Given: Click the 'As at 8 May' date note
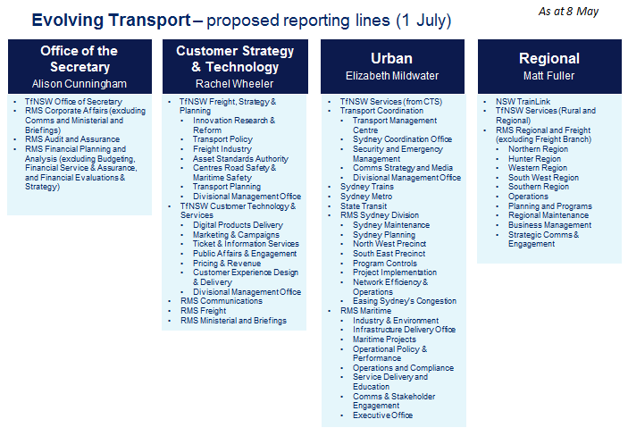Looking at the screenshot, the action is (x=568, y=12).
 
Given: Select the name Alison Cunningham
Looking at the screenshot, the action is (x=80, y=84).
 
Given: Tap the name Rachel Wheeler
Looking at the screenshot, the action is (x=234, y=84).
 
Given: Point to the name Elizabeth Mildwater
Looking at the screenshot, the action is (x=392, y=76).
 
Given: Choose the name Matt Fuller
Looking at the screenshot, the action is (x=548, y=76).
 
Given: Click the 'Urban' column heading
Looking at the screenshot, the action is (x=391, y=58).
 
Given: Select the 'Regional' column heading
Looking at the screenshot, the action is (x=549, y=58).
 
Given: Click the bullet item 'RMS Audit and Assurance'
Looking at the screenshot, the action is (x=72, y=139).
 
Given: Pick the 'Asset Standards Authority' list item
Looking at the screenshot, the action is (x=240, y=159).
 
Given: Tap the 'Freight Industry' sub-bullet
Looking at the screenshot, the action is (x=222, y=149).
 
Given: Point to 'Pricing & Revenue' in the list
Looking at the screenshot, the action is (x=227, y=264).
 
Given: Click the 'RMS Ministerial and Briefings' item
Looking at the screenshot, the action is (x=233, y=321).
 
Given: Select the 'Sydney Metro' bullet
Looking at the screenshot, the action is (x=366, y=197).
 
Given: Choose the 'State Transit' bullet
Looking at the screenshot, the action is (x=364, y=206).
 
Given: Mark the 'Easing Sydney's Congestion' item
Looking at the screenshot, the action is (x=405, y=301).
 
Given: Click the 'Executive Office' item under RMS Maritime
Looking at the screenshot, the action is (x=382, y=415).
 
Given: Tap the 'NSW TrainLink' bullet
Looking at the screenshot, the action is (x=523, y=102).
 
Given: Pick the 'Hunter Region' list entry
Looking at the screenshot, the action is (x=534, y=159).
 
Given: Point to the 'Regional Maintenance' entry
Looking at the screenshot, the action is (x=548, y=215).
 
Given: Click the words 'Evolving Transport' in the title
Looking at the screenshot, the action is (x=111, y=20).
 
